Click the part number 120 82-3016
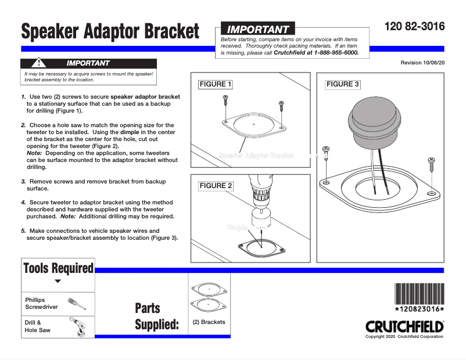point(414,27)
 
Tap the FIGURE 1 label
point(216,84)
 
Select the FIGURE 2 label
point(216,186)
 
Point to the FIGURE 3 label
point(343,84)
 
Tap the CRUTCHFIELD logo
point(404,326)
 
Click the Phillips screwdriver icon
point(77,303)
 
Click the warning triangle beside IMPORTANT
point(38,63)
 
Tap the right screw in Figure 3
point(431,165)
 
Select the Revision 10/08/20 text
point(422,62)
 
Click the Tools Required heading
point(58,268)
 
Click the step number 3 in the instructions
point(23,182)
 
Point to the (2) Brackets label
point(209,322)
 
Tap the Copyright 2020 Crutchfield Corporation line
point(404,337)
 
